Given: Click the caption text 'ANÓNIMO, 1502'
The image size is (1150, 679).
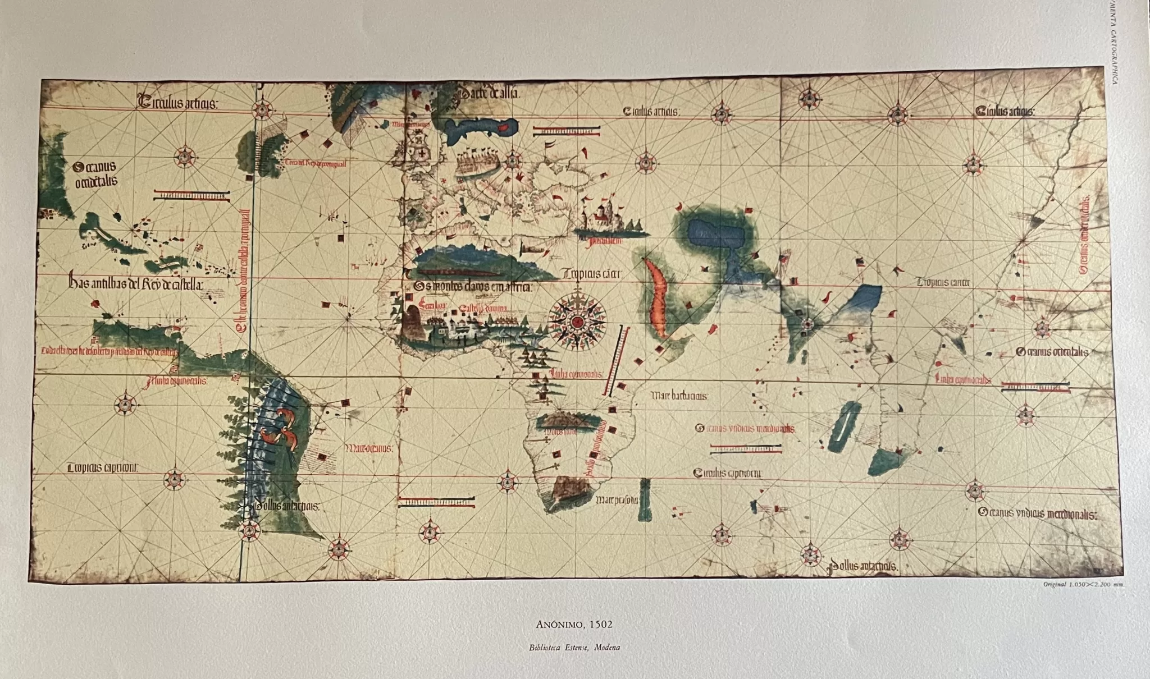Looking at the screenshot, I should tap(574, 624).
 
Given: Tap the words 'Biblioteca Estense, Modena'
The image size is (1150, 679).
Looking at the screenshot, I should tap(574, 647).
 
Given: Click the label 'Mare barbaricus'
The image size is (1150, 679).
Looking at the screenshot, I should tap(679, 396).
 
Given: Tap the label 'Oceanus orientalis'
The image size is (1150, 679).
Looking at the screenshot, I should tap(1052, 352).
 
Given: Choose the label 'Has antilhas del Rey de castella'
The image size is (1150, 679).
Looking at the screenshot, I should tap(135, 284).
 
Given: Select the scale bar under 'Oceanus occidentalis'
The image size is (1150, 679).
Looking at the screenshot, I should tap(191, 195).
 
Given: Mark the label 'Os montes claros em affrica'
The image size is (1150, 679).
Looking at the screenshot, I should tap(473, 287).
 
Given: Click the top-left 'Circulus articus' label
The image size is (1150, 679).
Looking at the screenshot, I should tap(174, 103).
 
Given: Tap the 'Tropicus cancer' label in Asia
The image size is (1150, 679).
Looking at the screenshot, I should tap(943, 282).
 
